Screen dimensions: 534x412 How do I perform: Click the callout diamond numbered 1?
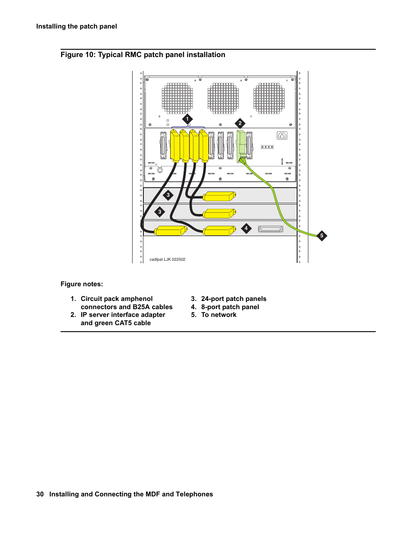tap(187, 119)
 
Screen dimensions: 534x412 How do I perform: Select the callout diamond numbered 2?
tap(240, 123)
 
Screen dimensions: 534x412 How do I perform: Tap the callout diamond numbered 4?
tap(246, 228)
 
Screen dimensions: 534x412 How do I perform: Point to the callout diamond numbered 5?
tap(321, 236)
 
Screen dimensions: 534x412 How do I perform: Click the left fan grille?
tap(177, 99)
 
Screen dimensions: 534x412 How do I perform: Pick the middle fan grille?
tap(223, 99)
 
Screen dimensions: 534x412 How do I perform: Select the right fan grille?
tap(269, 99)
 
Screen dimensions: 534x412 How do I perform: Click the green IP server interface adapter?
tap(241, 145)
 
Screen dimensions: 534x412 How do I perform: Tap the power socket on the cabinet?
tap(282, 136)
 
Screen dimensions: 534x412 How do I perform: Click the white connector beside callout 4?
tap(271, 229)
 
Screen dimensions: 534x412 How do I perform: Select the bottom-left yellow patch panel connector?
tap(171, 231)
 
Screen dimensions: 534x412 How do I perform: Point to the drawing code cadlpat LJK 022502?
tap(168, 259)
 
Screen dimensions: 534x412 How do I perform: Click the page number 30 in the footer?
tap(40, 494)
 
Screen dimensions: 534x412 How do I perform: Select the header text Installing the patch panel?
tap(76, 26)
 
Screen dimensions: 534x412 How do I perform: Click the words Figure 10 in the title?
tap(78, 55)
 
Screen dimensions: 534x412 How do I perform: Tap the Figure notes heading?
tap(82, 284)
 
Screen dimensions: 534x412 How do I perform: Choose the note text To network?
tap(219, 315)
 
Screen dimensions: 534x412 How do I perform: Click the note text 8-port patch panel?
tap(230, 307)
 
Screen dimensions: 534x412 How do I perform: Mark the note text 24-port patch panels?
tap(234, 299)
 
